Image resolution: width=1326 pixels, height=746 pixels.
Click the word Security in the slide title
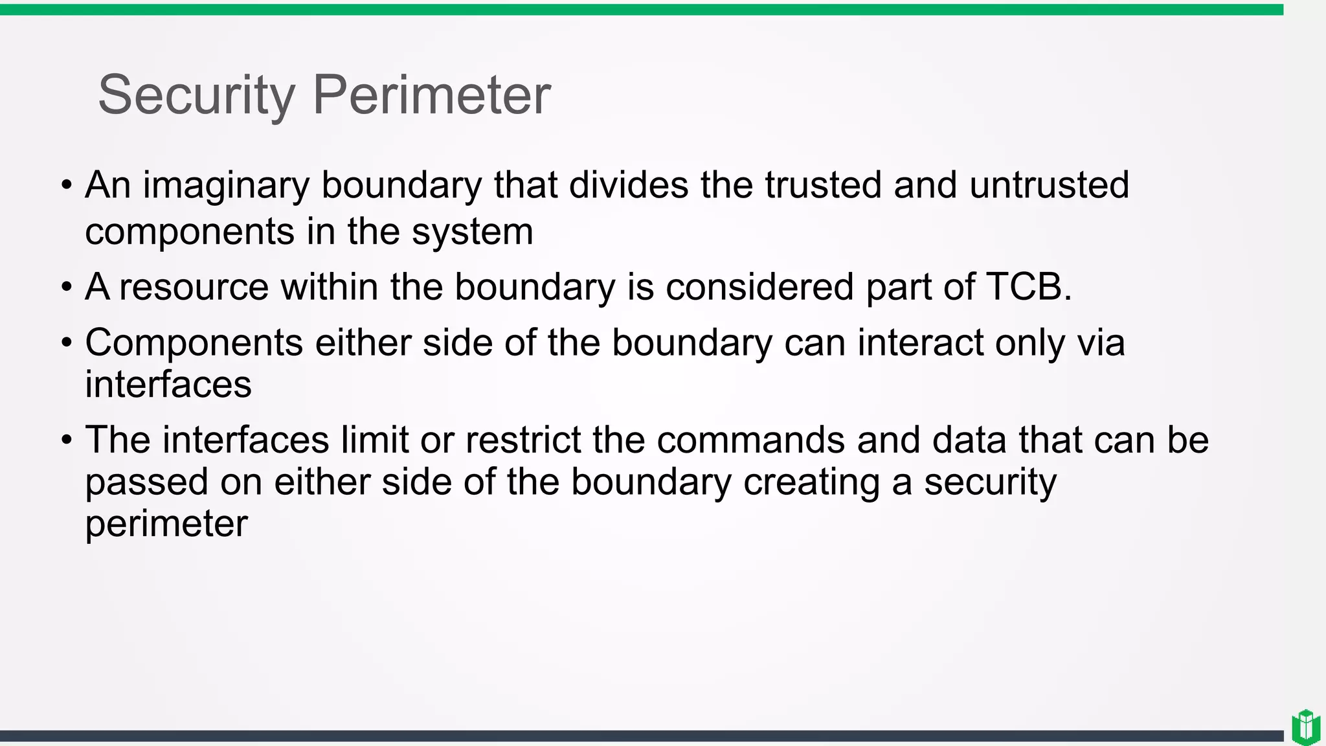[x=196, y=95]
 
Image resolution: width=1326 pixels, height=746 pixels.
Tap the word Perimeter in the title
[x=431, y=95]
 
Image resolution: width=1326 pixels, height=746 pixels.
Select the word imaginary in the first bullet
[x=226, y=186]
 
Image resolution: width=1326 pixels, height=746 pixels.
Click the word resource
[x=194, y=287]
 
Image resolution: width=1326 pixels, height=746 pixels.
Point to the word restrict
[x=523, y=440]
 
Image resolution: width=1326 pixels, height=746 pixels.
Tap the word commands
[x=750, y=440]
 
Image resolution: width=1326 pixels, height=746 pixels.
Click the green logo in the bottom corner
[x=1305, y=727]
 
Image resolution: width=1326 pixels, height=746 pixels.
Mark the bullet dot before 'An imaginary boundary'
[x=67, y=186]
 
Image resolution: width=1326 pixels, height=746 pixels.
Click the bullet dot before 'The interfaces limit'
[x=67, y=441]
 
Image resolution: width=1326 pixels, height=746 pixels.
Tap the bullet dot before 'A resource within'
[x=67, y=288]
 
